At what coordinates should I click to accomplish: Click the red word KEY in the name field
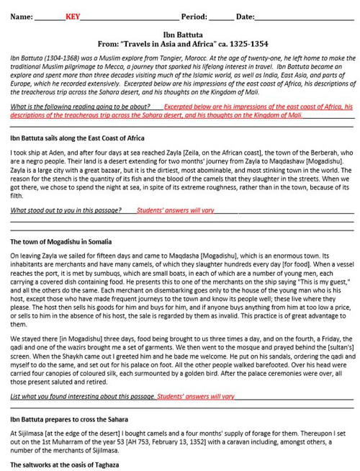(x=73, y=17)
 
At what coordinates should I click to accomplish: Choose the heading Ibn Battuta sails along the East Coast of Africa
(x=77, y=138)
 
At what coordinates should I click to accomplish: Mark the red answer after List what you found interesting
(x=196, y=396)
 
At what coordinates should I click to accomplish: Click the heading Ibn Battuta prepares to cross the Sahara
(x=69, y=418)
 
